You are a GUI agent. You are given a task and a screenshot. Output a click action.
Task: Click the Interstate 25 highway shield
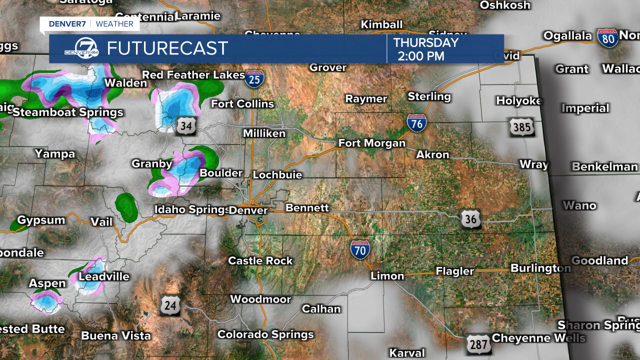click(x=255, y=79)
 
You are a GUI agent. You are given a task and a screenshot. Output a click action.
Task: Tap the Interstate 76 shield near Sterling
click(x=416, y=123)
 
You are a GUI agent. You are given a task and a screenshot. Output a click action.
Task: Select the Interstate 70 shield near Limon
click(x=360, y=249)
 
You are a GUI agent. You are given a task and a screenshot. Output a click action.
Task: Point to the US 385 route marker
click(x=521, y=127)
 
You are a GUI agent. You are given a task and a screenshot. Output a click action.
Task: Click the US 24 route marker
click(x=170, y=305)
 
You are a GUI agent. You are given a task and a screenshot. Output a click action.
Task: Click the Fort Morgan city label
click(x=371, y=143)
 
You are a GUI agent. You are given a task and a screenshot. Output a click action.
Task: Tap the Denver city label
click(x=248, y=210)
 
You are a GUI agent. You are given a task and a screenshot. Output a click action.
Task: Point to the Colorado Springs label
click(x=265, y=334)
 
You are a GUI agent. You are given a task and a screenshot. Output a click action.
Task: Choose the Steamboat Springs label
click(x=68, y=112)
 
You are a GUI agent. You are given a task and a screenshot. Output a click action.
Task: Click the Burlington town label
click(x=540, y=268)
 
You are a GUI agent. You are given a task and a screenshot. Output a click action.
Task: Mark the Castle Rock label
click(x=260, y=260)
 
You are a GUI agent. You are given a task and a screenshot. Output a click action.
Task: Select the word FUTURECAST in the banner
click(x=167, y=48)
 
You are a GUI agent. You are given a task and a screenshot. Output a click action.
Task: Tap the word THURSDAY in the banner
click(x=426, y=43)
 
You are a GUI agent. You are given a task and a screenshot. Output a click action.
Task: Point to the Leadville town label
click(x=104, y=276)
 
